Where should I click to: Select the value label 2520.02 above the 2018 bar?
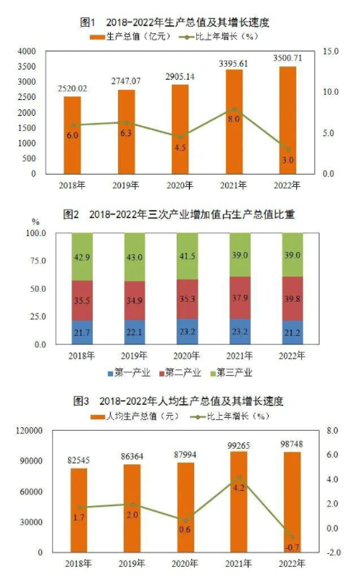tap(72, 88)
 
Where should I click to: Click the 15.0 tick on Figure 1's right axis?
tap(330, 51)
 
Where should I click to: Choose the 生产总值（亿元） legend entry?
tap(134, 35)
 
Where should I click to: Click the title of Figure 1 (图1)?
tap(180, 21)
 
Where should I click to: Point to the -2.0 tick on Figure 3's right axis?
tap(333, 552)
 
